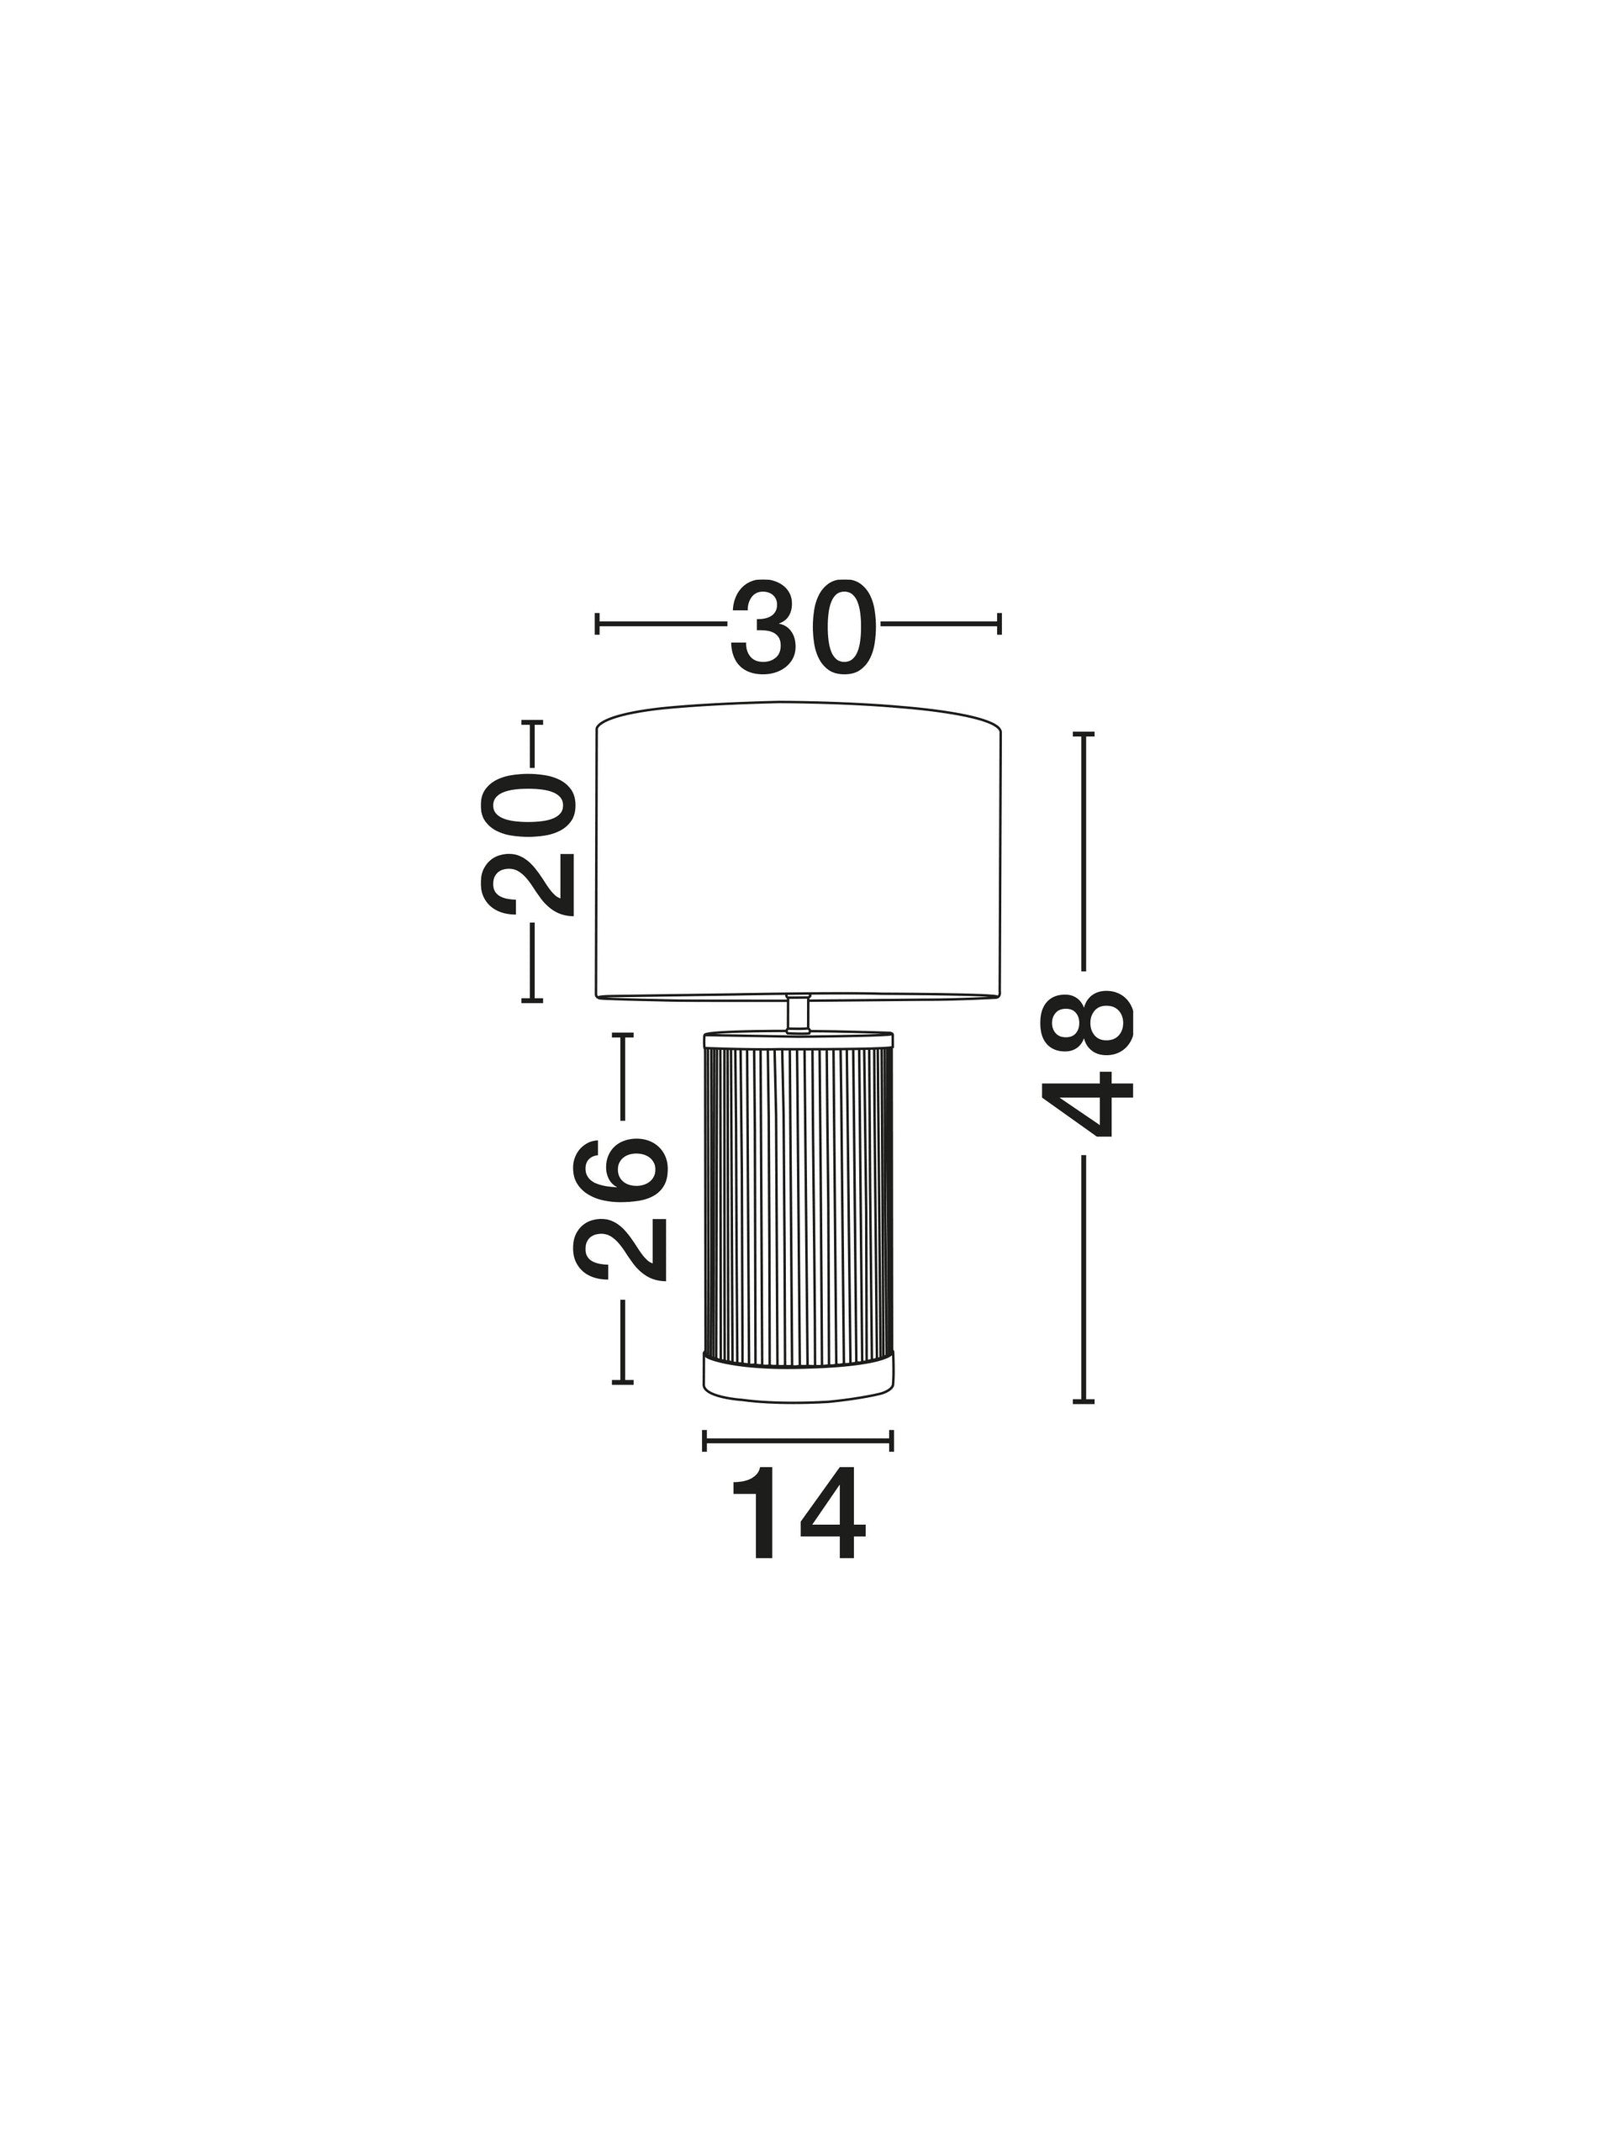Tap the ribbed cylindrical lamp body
click(797, 1205)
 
